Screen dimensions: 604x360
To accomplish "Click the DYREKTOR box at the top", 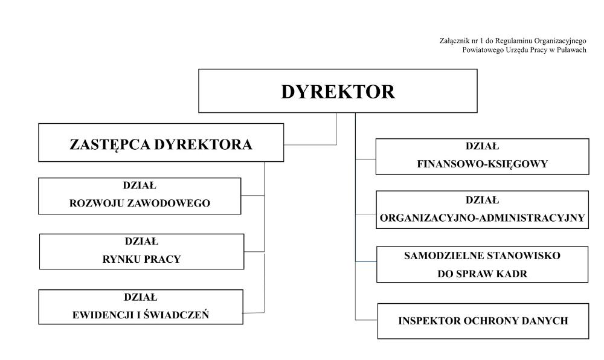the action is point(338,91).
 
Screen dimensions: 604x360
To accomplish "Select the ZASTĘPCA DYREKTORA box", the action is point(161,143).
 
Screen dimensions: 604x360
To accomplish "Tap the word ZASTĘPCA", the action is point(110,145).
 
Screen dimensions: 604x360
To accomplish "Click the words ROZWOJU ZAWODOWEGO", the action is point(140,203).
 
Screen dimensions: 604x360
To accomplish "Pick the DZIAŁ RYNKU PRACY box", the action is point(141,251).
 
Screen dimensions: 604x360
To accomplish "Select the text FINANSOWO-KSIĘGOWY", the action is point(482,164).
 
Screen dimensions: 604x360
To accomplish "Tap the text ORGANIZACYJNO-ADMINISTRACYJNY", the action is point(482,218).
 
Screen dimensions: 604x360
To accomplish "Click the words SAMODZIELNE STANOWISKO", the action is point(482,256).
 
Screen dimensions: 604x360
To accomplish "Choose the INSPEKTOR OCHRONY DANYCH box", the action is point(483,321).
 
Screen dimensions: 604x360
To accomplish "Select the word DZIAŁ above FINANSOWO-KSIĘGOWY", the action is point(482,146).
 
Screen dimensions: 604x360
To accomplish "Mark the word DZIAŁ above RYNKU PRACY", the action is point(141,242).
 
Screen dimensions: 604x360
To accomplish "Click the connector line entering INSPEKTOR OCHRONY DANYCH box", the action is point(367,320).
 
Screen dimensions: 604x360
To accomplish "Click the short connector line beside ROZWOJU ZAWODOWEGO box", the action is point(252,196).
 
